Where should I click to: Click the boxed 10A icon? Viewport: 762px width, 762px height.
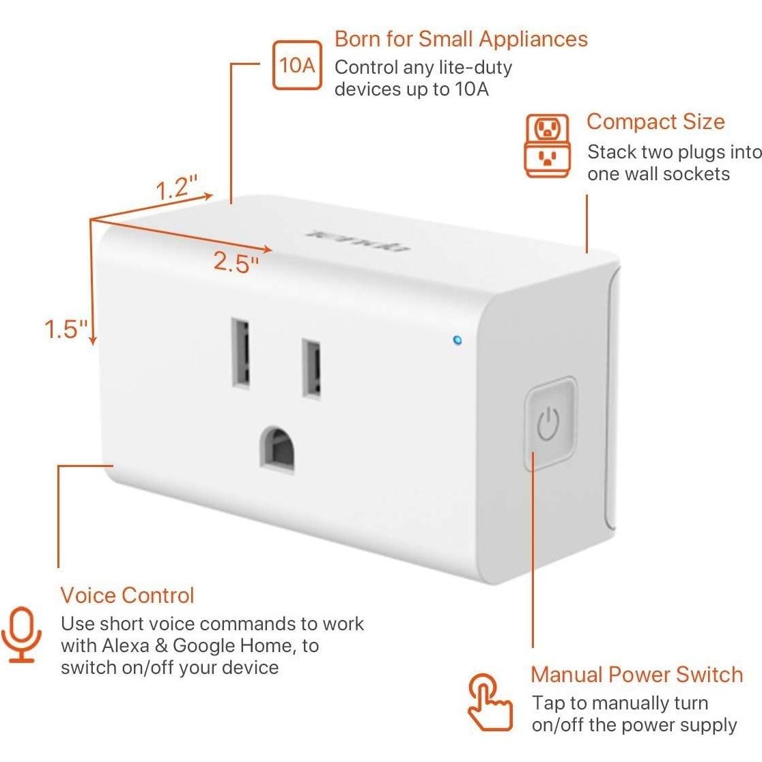(297, 66)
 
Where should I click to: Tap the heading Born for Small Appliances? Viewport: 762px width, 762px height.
(461, 39)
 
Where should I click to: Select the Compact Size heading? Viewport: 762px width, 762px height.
(655, 122)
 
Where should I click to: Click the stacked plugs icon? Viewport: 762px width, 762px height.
(547, 145)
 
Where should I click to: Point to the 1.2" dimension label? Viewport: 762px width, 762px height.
(177, 187)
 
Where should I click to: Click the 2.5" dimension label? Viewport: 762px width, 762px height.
(236, 262)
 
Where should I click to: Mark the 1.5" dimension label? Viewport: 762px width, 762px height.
(66, 330)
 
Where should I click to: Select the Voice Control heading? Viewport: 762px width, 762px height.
(127, 595)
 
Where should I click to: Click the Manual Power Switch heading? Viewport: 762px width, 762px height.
(636, 675)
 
